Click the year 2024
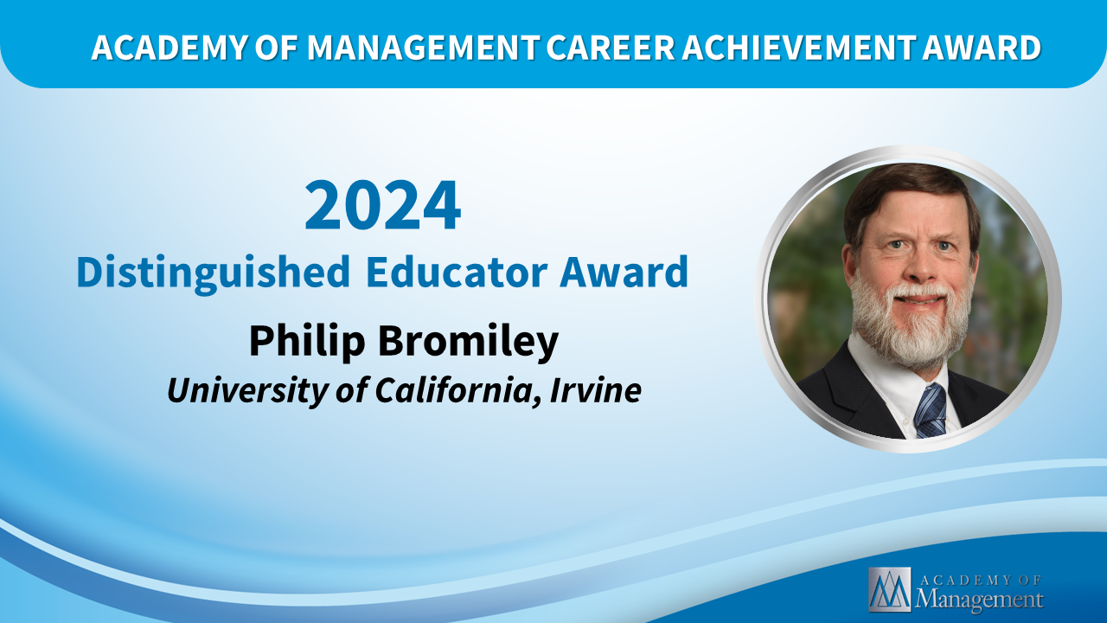[x=383, y=205]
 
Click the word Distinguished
[x=214, y=273]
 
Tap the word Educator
[x=457, y=272]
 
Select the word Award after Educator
[x=624, y=272]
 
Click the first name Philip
[x=307, y=342]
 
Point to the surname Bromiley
[x=468, y=342]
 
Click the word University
[x=247, y=391]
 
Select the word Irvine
[x=596, y=390]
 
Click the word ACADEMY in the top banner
[x=169, y=48]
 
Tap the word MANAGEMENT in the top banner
[x=422, y=48]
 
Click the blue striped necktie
[x=930, y=411]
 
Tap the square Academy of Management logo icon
[x=890, y=589]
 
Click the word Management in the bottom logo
[x=979, y=600]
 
